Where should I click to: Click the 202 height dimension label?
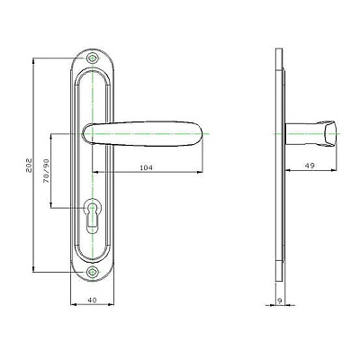(30, 166)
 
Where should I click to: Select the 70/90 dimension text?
(46, 170)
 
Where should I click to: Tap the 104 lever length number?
(147, 167)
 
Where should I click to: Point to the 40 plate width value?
(93, 300)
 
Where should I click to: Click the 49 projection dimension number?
(310, 166)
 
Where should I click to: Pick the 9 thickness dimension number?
(280, 301)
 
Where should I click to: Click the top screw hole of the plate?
(93, 58)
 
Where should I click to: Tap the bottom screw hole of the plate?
(93, 273)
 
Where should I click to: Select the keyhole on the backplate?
(92, 215)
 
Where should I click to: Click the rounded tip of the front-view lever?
(206, 133)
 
